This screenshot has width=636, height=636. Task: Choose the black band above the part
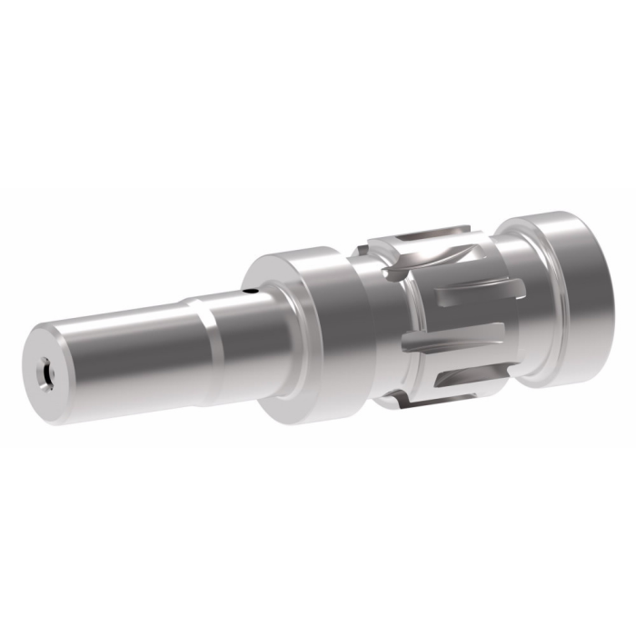coord(318,91)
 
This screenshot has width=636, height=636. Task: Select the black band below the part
coord(318,545)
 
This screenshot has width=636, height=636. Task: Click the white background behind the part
coord(136,236)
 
